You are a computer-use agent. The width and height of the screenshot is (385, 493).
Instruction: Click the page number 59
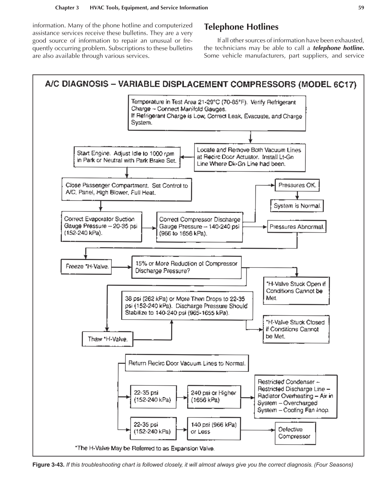point(361,8)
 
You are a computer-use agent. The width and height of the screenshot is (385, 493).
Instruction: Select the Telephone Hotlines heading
point(241,27)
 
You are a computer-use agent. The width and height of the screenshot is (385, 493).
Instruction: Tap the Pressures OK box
point(297,185)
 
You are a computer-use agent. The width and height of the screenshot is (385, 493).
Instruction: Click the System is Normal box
point(297,206)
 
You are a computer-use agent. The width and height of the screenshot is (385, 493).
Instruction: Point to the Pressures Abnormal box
point(297,227)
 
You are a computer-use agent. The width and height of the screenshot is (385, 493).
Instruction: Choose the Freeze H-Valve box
point(86,267)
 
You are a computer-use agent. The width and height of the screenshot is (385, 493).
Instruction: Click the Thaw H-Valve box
point(107,339)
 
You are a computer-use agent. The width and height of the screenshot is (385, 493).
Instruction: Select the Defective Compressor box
point(295,433)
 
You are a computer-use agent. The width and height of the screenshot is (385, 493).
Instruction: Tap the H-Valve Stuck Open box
point(296,291)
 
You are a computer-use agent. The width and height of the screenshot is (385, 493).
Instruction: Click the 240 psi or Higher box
point(213,397)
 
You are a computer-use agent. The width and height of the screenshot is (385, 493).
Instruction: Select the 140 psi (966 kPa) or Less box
point(213,428)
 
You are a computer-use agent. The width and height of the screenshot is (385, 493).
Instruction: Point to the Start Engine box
point(127,157)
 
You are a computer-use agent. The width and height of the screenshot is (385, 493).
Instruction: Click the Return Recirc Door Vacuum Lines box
point(187,363)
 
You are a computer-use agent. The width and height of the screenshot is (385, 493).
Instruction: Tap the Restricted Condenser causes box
point(295,396)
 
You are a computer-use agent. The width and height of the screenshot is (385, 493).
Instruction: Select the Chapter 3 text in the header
point(67,8)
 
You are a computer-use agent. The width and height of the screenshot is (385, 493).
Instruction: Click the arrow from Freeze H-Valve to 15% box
point(121,268)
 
